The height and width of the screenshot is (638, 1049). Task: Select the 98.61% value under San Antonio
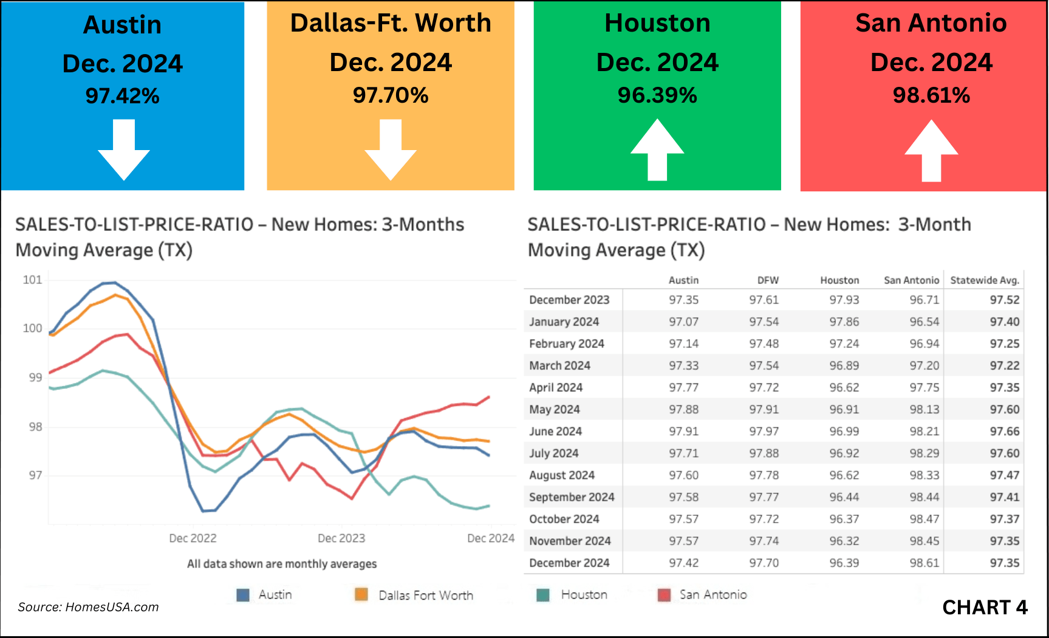point(931,95)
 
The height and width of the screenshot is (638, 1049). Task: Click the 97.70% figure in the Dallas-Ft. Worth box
point(391,95)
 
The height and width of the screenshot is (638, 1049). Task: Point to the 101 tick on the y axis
point(32,280)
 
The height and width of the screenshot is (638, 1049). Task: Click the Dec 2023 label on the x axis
point(341,538)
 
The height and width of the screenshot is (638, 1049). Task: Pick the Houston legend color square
point(543,595)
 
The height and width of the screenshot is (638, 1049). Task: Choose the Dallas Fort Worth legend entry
point(425,595)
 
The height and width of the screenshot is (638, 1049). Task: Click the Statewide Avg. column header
point(985,280)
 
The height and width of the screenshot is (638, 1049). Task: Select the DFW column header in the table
point(768,280)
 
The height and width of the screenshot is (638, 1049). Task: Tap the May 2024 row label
point(555,410)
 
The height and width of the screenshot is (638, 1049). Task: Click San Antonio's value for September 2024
point(924,497)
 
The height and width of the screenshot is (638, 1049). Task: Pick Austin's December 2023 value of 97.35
point(684,300)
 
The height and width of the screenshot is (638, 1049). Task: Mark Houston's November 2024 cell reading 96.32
point(844,541)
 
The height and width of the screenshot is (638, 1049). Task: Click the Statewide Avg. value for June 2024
point(1005,431)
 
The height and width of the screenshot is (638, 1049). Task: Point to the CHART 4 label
point(985,607)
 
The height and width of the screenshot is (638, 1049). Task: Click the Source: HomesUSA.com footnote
point(88,607)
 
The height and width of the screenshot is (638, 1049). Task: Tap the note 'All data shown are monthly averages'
point(282,564)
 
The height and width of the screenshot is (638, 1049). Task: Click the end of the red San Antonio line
point(489,397)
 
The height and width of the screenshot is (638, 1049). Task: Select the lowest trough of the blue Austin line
point(203,511)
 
